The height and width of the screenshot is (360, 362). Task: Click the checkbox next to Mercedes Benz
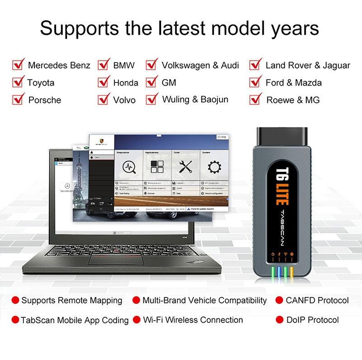(x=18, y=65)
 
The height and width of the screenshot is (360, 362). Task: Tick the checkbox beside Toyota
(x=18, y=82)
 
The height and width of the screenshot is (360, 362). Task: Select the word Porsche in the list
(x=44, y=100)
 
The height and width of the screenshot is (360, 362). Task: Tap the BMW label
(x=124, y=65)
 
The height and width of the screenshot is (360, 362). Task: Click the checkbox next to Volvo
(x=104, y=99)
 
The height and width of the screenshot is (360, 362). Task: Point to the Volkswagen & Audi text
(x=200, y=65)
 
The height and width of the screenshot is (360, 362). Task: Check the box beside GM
(x=152, y=82)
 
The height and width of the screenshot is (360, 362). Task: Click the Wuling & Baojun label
(x=195, y=99)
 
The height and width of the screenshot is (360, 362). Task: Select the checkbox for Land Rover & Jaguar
(x=256, y=65)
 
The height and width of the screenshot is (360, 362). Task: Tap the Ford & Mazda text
(x=294, y=82)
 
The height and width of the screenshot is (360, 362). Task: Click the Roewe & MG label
(x=293, y=100)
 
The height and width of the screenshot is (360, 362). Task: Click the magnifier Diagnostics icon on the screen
(x=129, y=167)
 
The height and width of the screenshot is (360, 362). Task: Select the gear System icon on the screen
(x=214, y=167)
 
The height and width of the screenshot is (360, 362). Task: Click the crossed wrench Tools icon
(x=186, y=167)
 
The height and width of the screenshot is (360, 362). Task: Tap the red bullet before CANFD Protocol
(x=280, y=300)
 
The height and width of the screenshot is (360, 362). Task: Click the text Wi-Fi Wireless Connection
(x=193, y=320)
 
